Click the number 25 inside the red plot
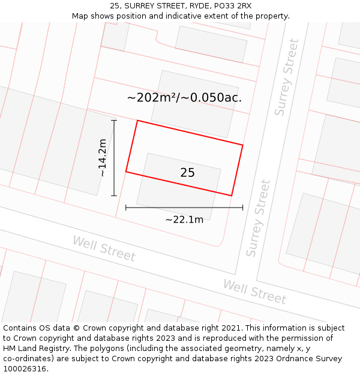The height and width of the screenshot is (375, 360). point(187,173)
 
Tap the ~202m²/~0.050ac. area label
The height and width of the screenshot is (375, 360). point(184,98)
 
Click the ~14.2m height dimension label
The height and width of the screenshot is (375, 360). point(103,158)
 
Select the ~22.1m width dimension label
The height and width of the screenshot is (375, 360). point(184,220)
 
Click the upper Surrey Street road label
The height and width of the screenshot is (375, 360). point(286,77)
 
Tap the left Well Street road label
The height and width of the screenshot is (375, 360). point(104,248)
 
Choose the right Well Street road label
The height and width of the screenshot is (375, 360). point(254,292)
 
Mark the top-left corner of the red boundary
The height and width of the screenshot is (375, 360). point(137,121)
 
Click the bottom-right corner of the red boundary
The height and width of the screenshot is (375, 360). point(232,196)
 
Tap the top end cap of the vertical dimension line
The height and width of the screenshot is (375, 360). point(114,121)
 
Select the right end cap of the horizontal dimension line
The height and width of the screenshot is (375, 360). point(243,208)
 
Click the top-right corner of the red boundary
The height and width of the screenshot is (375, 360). point(243,145)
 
